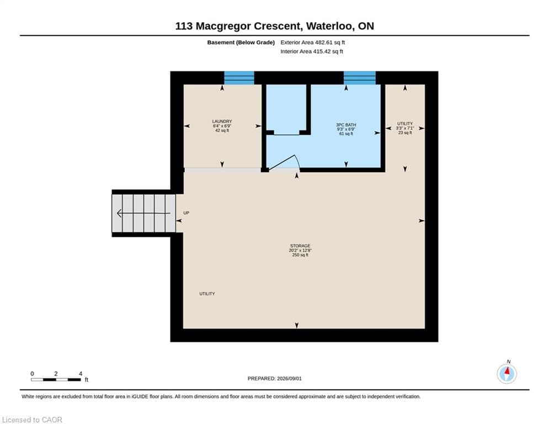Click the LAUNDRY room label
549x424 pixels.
(222, 121)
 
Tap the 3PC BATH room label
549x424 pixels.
(346, 125)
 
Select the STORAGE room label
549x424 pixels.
(300, 246)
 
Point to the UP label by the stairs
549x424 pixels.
(186, 213)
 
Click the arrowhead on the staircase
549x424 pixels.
(119, 213)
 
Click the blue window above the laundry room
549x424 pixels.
(239, 78)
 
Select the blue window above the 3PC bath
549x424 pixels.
(360, 78)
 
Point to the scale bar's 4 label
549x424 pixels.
(81, 374)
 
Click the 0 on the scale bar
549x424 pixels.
(32, 374)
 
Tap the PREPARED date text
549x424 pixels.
(275, 378)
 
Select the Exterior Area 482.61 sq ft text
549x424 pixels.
(313, 43)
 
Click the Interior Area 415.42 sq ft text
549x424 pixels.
(312, 51)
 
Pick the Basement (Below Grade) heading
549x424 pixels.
(241, 43)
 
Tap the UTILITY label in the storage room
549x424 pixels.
(207, 294)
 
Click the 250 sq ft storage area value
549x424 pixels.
(300, 255)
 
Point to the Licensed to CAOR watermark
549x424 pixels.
(32, 420)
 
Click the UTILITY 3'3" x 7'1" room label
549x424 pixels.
(405, 128)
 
